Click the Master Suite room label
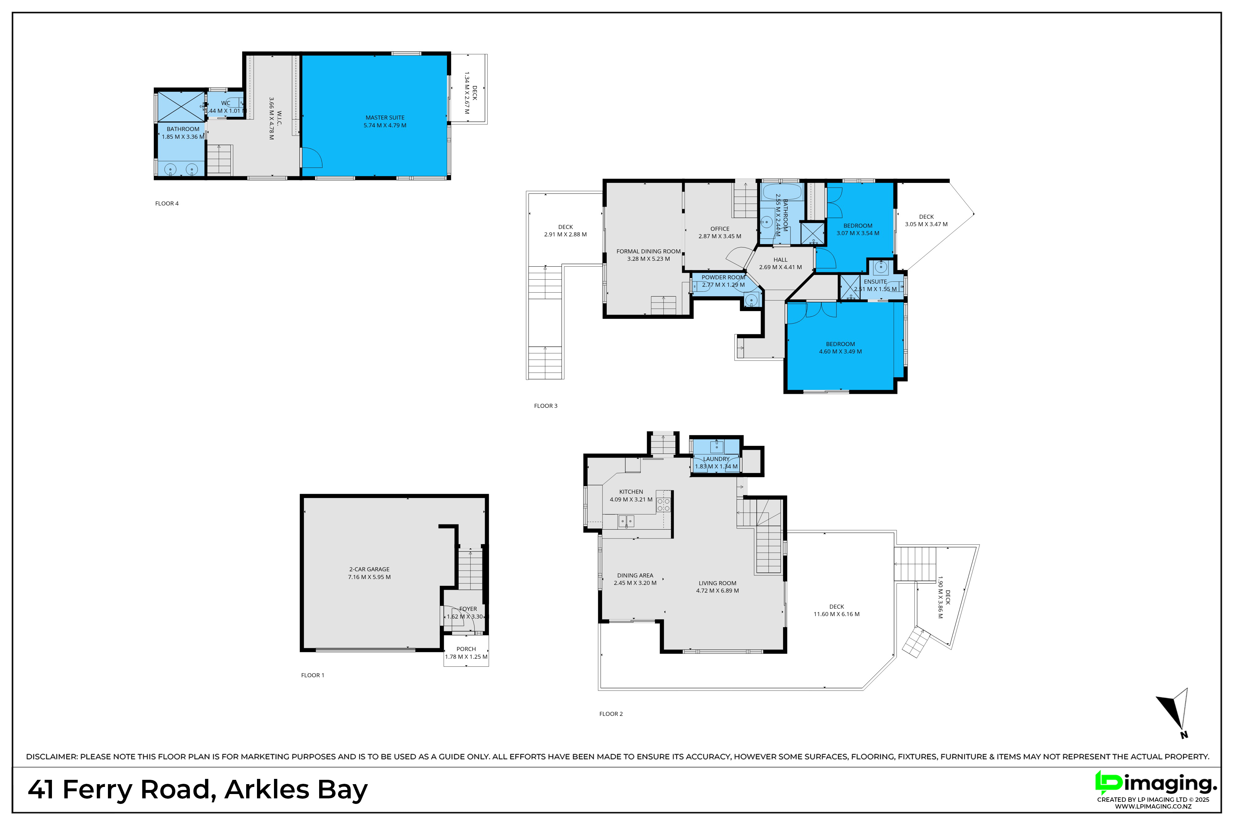[x=385, y=118]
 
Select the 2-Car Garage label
[x=369, y=569]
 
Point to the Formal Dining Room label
[x=648, y=251]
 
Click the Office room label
[x=720, y=229]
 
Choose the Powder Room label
[x=723, y=277]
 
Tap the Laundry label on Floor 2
[x=716, y=459]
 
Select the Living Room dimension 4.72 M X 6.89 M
[x=717, y=590]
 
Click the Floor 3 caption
[x=546, y=406]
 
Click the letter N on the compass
[x=1184, y=735]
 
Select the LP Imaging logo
[x=1156, y=783]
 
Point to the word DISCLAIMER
[x=52, y=757]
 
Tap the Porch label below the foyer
[x=466, y=649]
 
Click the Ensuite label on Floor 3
[x=875, y=282]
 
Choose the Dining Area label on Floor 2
[x=635, y=575]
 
